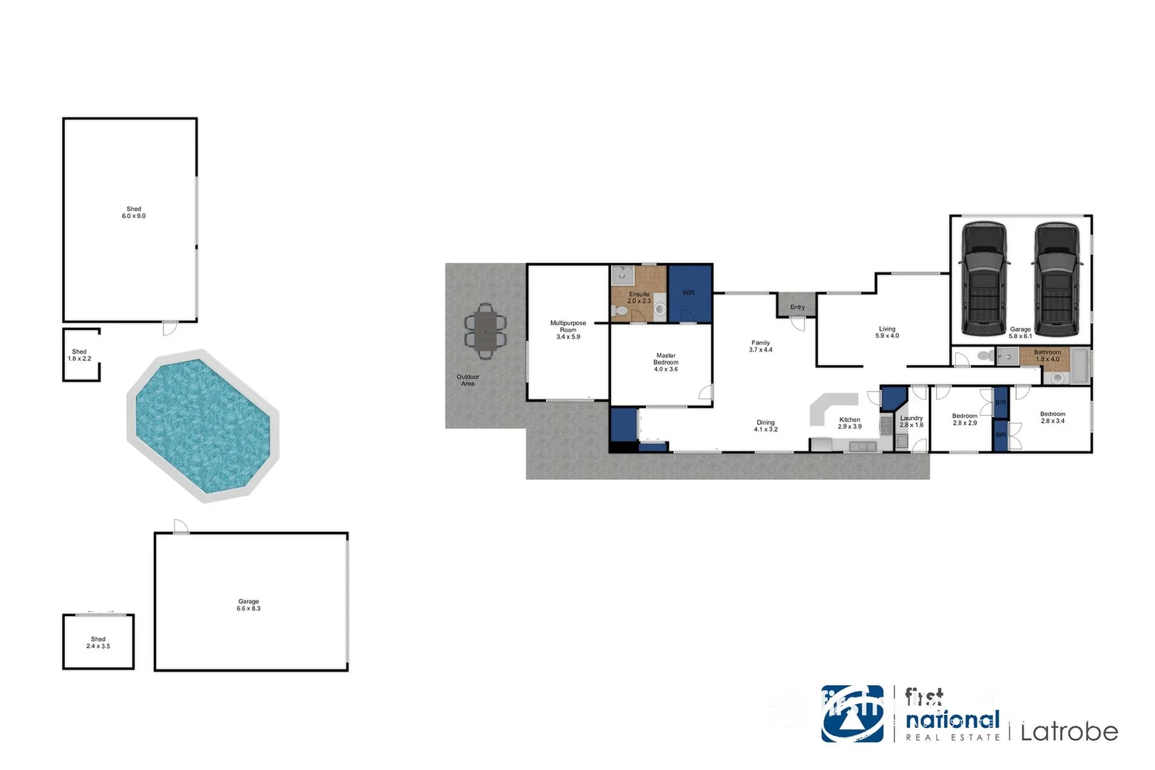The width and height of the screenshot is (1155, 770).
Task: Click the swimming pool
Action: point(202,426)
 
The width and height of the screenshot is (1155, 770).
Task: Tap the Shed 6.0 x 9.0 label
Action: point(133,212)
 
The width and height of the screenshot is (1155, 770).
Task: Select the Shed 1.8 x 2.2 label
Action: point(79,355)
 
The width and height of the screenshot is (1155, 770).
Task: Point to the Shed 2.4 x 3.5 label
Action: point(98,642)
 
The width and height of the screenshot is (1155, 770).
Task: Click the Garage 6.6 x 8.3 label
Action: point(249,605)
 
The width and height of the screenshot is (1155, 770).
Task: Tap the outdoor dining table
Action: point(486,331)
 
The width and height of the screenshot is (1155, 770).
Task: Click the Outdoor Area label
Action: point(468,380)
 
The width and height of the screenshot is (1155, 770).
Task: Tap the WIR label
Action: point(688,292)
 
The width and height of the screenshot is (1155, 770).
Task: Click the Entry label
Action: point(797,307)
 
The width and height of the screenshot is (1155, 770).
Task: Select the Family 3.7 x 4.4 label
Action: point(761,346)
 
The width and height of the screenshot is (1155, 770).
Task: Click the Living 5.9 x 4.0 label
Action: point(887,332)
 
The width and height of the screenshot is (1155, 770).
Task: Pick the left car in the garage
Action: point(985,279)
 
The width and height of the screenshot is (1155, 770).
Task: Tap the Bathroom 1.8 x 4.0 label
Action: point(1047,355)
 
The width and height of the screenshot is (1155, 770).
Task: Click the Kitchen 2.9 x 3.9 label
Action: point(850,423)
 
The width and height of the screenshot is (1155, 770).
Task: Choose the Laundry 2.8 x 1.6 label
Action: point(911,421)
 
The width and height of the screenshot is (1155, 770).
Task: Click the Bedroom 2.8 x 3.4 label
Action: point(1052,417)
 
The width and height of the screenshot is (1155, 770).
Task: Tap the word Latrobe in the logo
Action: point(1069,731)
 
